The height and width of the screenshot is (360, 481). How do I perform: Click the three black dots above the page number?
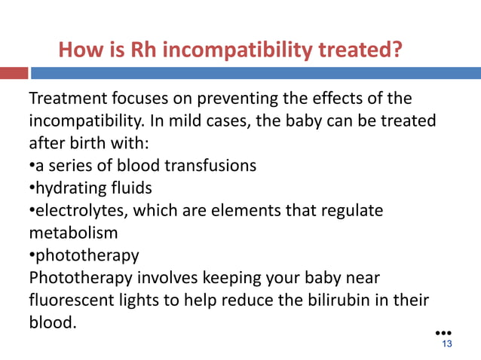coord(445,332)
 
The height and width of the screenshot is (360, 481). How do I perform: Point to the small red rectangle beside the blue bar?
coord(14,73)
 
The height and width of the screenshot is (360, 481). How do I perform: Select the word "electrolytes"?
coord(78,210)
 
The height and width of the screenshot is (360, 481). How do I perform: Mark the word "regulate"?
coord(351,210)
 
